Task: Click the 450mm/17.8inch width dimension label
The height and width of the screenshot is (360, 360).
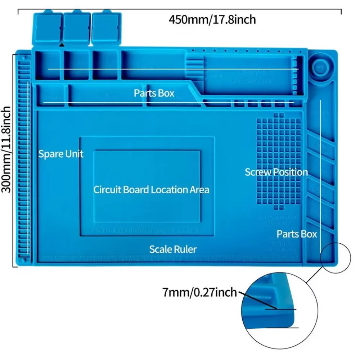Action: [212, 19]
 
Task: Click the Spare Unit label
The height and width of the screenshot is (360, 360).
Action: [61, 154]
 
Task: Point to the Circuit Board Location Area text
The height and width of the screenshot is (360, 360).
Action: [151, 189]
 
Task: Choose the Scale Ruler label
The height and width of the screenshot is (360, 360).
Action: [173, 249]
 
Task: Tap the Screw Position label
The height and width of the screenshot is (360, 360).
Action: [276, 172]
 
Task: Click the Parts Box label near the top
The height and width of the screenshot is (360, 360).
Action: [154, 93]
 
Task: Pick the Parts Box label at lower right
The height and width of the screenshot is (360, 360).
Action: [297, 234]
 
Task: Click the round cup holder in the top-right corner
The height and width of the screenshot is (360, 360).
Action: [319, 66]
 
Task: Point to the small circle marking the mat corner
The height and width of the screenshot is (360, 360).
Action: [336, 257]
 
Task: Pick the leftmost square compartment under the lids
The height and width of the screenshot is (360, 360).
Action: [48, 65]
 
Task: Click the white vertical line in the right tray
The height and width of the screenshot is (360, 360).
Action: [320, 173]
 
